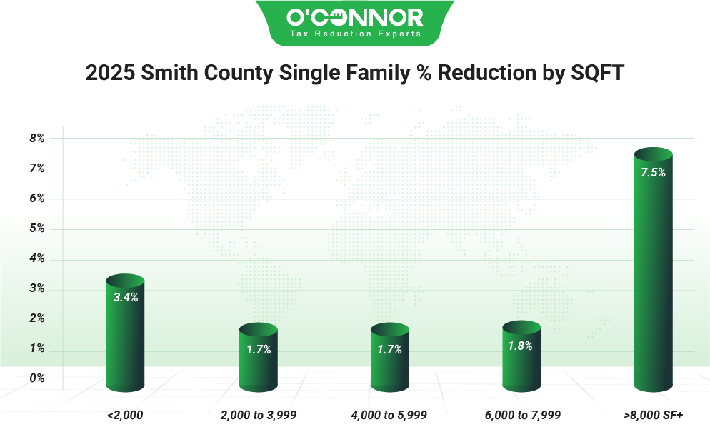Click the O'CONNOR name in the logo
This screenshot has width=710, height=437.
click(x=355, y=17)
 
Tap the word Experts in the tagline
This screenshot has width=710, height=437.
click(x=403, y=34)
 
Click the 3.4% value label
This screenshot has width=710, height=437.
click(x=126, y=297)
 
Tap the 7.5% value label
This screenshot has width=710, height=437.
click(x=653, y=172)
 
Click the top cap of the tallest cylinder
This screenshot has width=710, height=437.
click(x=653, y=154)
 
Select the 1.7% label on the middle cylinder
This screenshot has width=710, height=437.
click(x=389, y=350)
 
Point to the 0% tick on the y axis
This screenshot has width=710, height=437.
click(x=37, y=378)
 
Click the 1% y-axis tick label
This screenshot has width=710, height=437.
click(x=37, y=348)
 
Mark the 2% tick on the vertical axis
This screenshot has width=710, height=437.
click(x=37, y=318)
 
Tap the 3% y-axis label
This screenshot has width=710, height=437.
click(x=37, y=288)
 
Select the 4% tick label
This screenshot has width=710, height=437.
click(x=37, y=258)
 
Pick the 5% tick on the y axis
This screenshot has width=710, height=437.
click(x=37, y=228)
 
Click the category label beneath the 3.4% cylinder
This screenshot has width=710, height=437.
click(x=126, y=414)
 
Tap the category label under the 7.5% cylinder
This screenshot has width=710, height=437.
click(x=653, y=414)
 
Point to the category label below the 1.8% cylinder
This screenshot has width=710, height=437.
click(x=521, y=414)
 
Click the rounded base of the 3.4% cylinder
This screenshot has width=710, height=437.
click(x=126, y=386)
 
